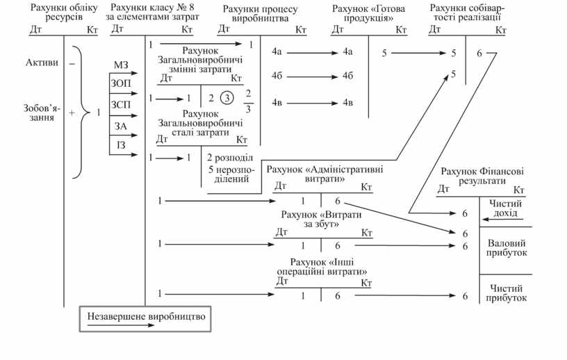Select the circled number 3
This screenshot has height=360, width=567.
226,98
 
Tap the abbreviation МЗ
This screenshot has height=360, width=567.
121,65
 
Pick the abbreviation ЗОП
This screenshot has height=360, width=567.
121,83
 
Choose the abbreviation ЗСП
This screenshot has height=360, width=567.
121,105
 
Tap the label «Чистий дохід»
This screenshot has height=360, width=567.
506,208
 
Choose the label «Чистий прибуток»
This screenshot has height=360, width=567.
506,293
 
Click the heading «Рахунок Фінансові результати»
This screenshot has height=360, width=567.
482,175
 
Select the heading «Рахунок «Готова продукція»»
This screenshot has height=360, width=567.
369,13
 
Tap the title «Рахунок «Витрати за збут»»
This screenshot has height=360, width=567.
320,220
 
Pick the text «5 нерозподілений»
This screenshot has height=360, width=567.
229,174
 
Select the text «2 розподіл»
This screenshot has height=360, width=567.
229,157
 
